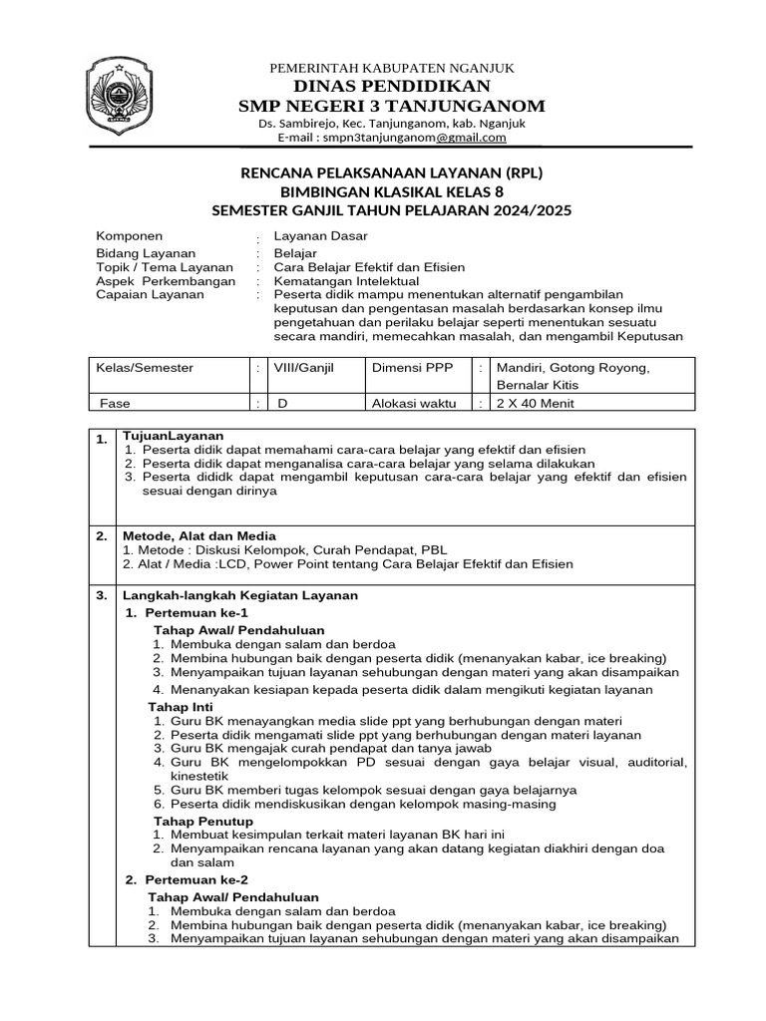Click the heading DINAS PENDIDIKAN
pyautogui.click(x=391, y=86)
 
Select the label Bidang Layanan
pyautogui.click(x=145, y=253)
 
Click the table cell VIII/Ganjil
pyautogui.click(x=304, y=368)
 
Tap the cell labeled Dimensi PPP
pyautogui.click(x=412, y=368)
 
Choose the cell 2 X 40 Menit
pyautogui.click(x=528, y=403)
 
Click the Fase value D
pyautogui.click(x=282, y=403)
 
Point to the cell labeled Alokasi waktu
pyautogui.click(x=414, y=403)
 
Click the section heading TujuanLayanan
pyautogui.click(x=173, y=436)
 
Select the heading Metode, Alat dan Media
pyautogui.click(x=198, y=535)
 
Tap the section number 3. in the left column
pyautogui.click(x=102, y=595)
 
